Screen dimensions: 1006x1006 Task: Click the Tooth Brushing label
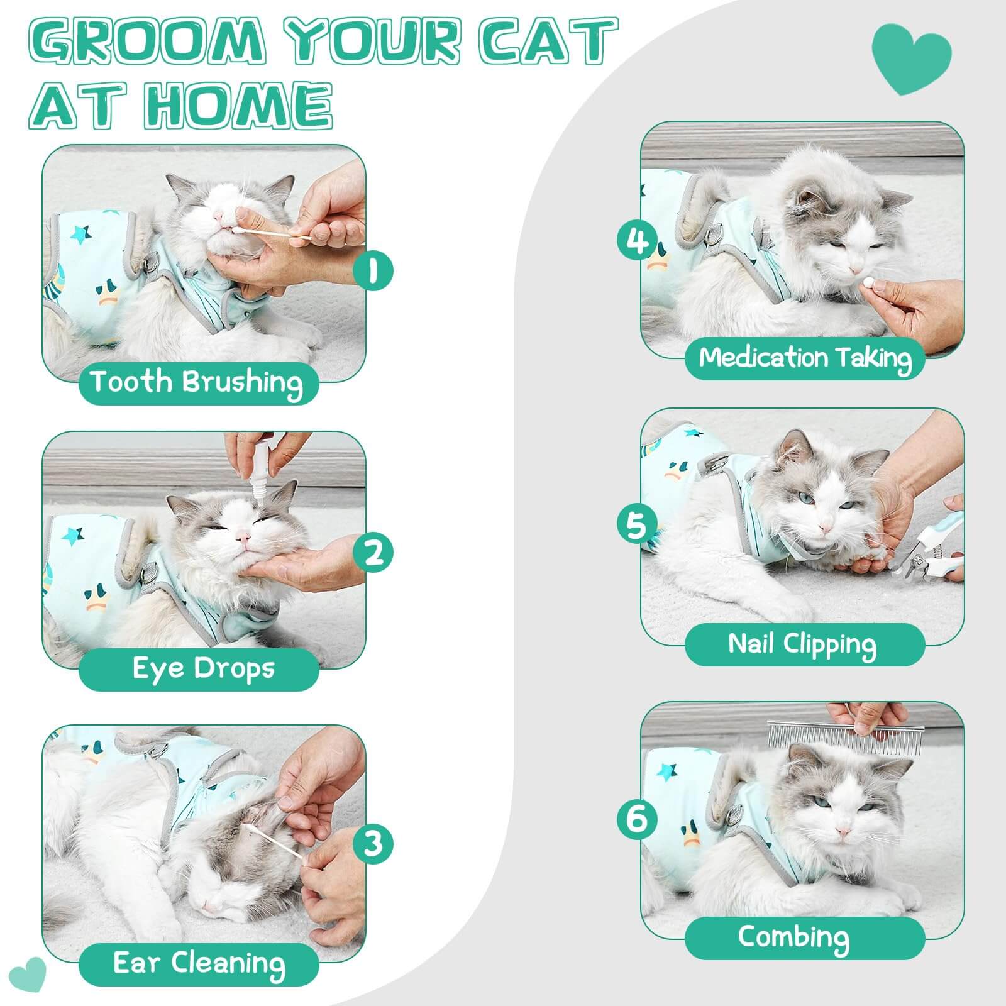coord(197,382)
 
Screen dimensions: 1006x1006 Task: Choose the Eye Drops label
coord(203,668)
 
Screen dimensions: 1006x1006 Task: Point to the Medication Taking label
coord(805,358)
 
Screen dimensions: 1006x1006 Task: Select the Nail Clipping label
coord(802,644)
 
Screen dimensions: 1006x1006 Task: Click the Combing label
coord(793,937)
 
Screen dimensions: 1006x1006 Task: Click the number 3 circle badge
coord(373,843)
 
